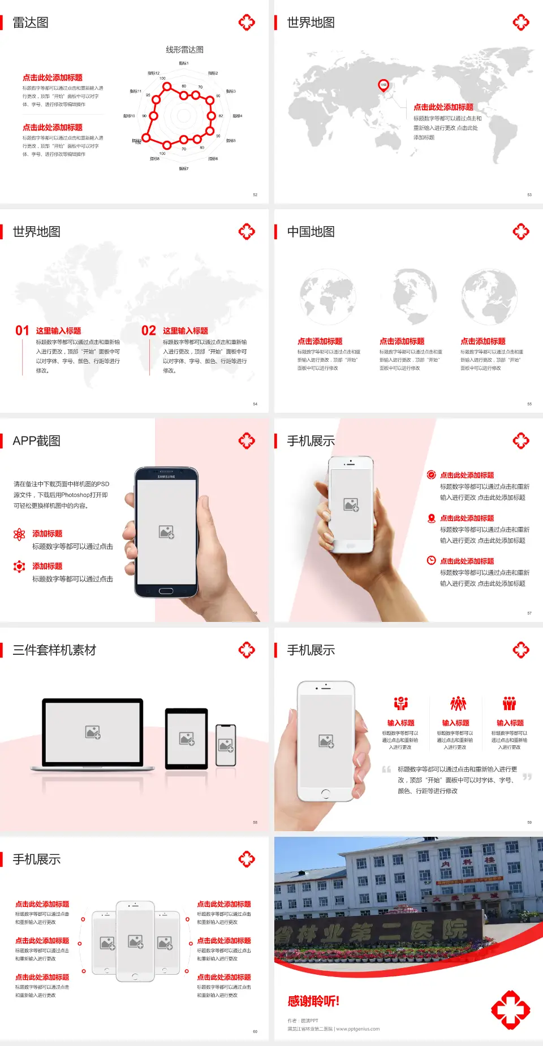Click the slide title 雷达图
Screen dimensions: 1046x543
tap(31, 23)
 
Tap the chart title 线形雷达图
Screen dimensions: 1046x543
tap(184, 50)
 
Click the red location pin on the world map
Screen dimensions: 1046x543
tap(383, 85)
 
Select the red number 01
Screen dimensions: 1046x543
tap(22, 331)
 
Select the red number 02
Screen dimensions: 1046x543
tap(149, 331)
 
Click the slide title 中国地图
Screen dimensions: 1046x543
tap(311, 232)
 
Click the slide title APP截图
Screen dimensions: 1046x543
tap(36, 441)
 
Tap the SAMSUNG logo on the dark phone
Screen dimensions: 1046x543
tap(166, 477)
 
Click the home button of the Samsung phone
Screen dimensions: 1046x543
tap(166, 591)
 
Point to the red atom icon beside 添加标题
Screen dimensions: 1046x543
tap(19, 534)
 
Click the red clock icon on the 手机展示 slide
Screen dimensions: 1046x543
tap(431, 560)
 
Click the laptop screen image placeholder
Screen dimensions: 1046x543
tap(93, 732)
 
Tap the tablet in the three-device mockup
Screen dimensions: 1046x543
tap(187, 738)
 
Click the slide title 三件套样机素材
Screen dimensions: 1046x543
tap(54, 650)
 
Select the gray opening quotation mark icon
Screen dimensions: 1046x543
tap(386, 770)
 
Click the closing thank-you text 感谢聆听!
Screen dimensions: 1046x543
tap(313, 1001)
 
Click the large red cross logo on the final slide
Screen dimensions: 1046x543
tap(510, 1009)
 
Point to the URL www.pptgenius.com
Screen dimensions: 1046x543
tap(358, 1029)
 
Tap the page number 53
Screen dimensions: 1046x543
tap(529, 195)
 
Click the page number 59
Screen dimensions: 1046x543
tap(529, 823)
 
